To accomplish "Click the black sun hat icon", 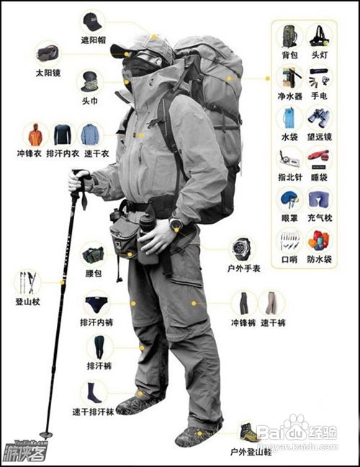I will [93, 21].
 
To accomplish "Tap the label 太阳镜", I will [49, 73].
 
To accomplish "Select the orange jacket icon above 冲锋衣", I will [35, 135].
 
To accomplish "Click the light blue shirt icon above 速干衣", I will [90, 134].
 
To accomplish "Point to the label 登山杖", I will [27, 302].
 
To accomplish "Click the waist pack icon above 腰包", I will [93, 255].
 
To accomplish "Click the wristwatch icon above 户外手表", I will [242, 250].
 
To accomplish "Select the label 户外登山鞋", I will [250, 452].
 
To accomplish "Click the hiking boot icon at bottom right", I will [249, 432].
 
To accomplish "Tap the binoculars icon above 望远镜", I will [318, 117].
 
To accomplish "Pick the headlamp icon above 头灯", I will [318, 35].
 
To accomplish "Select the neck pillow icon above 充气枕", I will [318, 198].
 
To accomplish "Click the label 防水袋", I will [318, 257].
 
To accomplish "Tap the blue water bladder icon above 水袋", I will [289, 117].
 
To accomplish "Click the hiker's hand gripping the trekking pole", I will [79, 180].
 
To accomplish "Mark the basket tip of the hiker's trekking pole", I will [47, 434].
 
